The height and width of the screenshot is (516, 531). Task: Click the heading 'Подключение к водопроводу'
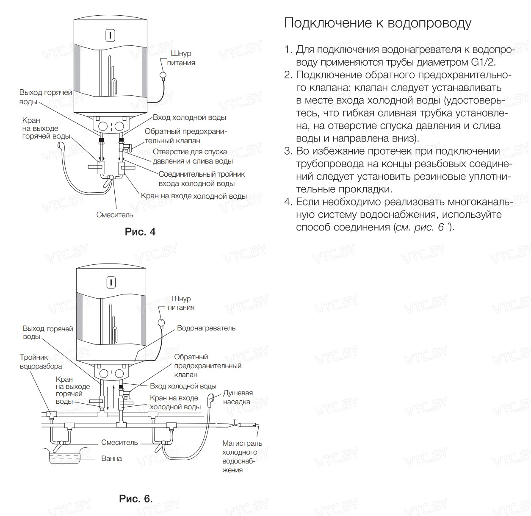click(x=377, y=23)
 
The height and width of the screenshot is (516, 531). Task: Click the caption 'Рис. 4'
click(x=140, y=232)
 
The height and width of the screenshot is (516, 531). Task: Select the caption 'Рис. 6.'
click(x=136, y=499)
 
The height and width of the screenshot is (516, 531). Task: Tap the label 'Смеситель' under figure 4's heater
click(x=114, y=215)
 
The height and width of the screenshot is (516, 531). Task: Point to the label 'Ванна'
click(x=111, y=458)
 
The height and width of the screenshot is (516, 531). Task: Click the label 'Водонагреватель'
click(x=206, y=328)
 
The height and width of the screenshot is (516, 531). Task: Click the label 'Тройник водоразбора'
click(x=41, y=362)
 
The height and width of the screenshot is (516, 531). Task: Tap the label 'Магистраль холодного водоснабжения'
click(x=242, y=456)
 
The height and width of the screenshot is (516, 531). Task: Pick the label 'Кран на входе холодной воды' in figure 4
click(x=194, y=196)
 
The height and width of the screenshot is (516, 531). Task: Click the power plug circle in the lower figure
click(x=161, y=323)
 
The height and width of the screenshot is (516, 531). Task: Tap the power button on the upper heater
click(x=110, y=35)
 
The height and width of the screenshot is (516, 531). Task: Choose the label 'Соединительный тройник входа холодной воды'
click(x=202, y=179)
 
